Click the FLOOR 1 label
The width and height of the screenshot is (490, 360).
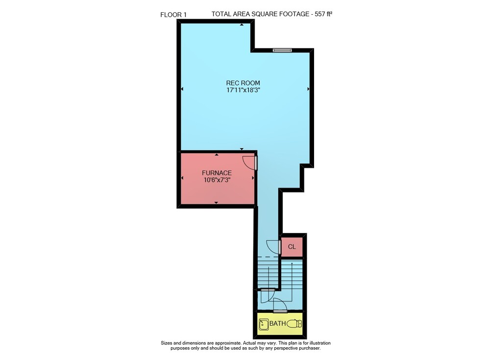click(173, 15)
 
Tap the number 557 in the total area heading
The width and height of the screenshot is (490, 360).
click(317, 14)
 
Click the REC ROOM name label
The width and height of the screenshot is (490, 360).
click(243, 83)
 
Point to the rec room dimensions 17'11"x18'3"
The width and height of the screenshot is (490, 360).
click(244, 90)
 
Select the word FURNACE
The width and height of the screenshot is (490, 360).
click(217, 173)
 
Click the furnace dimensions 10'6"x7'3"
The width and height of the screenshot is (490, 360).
click(217, 180)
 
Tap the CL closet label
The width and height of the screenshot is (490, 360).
click(292, 247)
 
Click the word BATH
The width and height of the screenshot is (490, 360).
click(277, 323)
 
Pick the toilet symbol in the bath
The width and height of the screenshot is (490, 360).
click(294, 324)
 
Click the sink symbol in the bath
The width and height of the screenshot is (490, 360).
click(264, 324)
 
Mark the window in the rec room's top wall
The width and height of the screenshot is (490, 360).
click(282, 50)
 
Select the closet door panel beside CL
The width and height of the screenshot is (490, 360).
click(280, 247)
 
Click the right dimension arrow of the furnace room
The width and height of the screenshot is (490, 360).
click(253, 178)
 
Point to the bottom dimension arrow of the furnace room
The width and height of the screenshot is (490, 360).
click(216, 203)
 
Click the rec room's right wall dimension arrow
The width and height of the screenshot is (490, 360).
click(308, 89)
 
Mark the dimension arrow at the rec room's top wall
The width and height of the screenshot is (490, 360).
click(242, 24)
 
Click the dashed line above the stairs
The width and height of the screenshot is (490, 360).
click(268, 257)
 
